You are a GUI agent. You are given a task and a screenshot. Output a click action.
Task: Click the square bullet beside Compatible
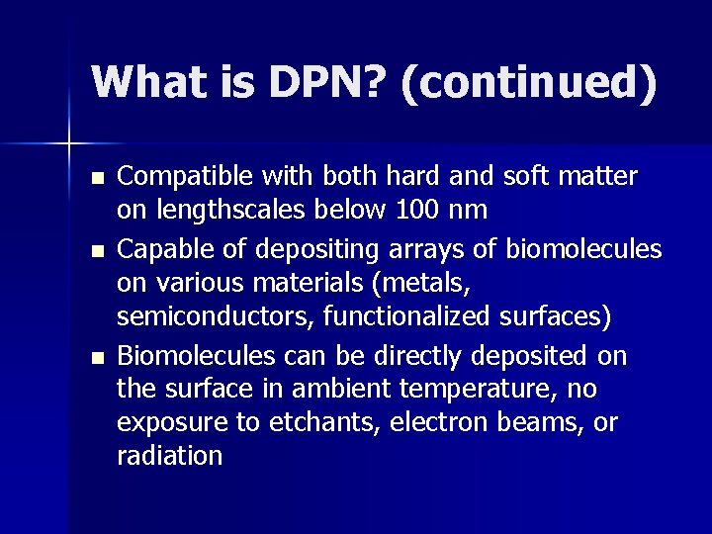(95, 179)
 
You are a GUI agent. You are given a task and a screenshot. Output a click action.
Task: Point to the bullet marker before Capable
(95, 250)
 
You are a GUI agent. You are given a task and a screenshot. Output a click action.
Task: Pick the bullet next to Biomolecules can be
(95, 357)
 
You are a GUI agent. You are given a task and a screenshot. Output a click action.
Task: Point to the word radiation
(169, 456)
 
